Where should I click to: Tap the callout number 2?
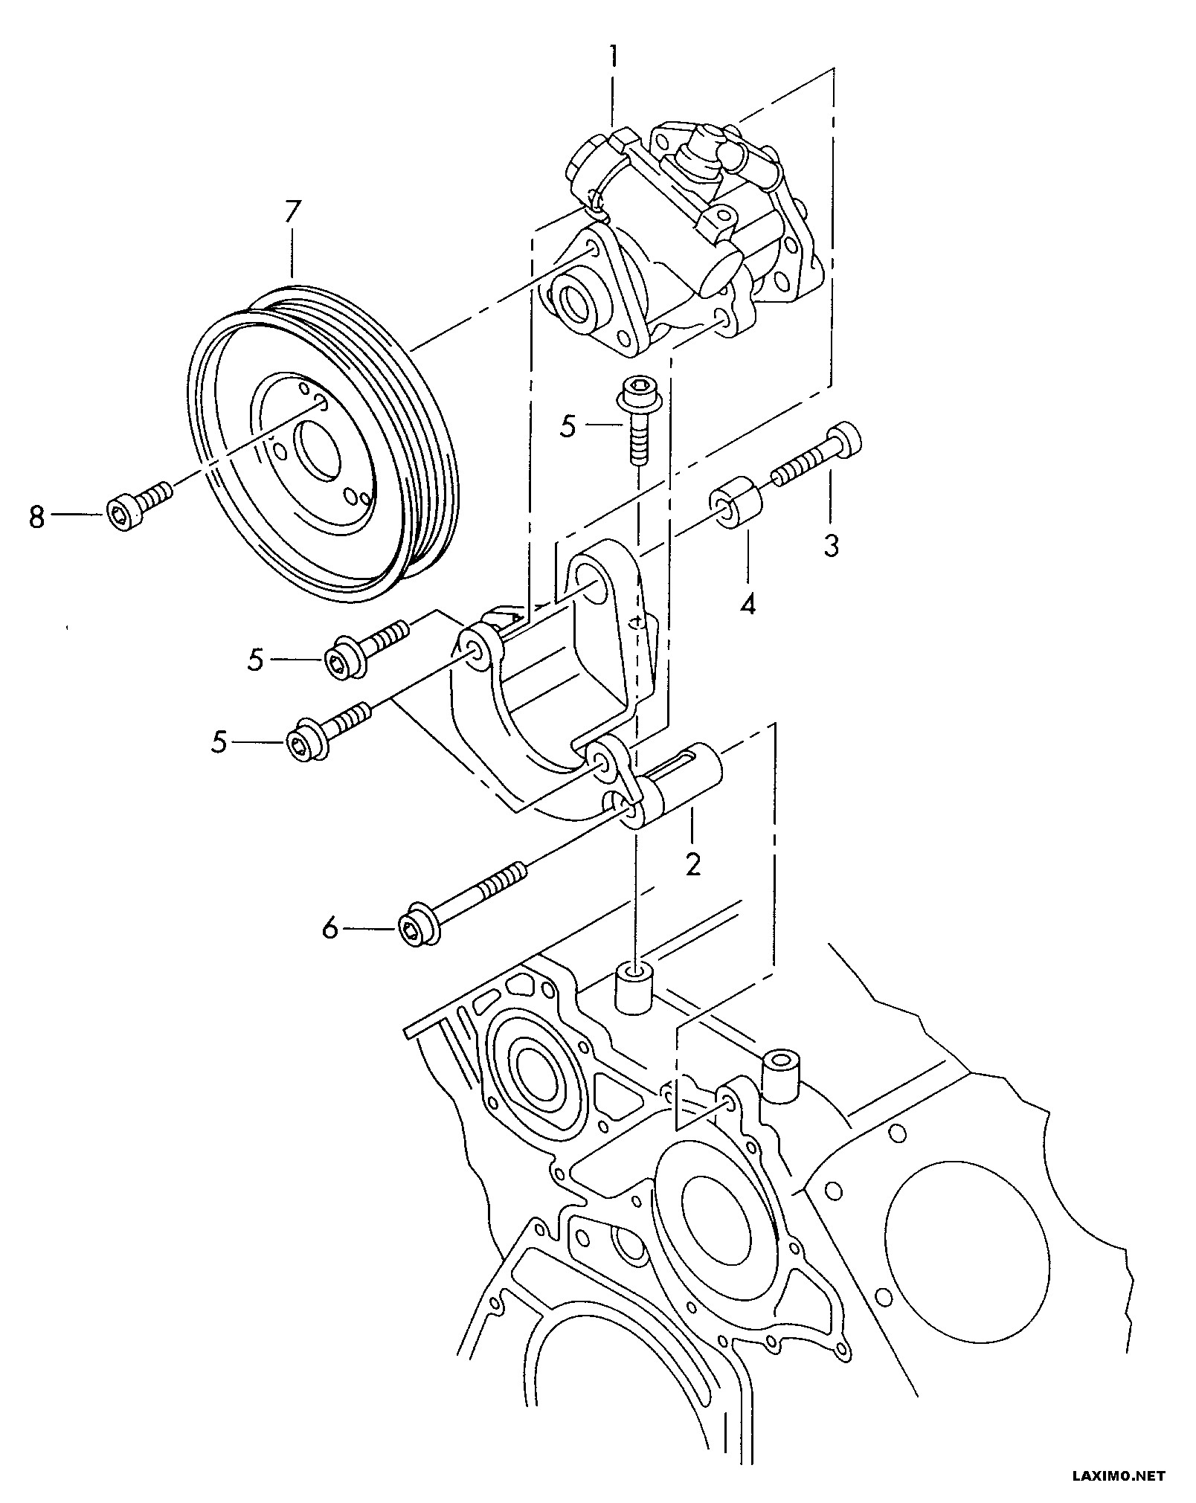coord(692,864)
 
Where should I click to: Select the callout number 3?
coord(831,546)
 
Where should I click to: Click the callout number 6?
coord(329,928)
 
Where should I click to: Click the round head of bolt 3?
coord(846,438)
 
